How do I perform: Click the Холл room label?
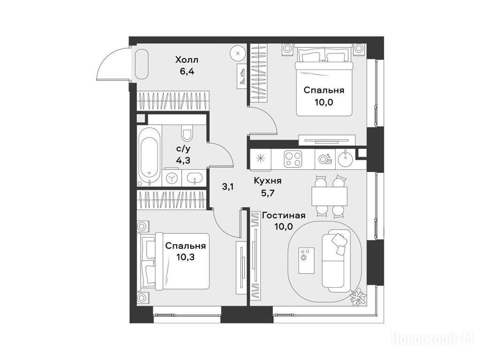click(x=187, y=60)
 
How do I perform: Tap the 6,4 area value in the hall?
click(x=187, y=72)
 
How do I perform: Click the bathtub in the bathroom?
click(x=149, y=156)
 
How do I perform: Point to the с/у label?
click(x=183, y=149)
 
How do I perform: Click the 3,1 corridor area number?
click(x=228, y=187)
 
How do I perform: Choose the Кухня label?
click(x=268, y=181)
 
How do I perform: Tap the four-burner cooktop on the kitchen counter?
click(x=293, y=159)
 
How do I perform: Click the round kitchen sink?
click(x=345, y=158)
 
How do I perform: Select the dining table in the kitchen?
click(x=330, y=196)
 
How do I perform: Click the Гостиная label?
click(x=284, y=216)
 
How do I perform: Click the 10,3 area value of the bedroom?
click(x=186, y=257)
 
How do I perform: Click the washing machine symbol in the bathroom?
click(x=172, y=178)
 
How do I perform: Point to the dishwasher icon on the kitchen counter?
click(x=324, y=158)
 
